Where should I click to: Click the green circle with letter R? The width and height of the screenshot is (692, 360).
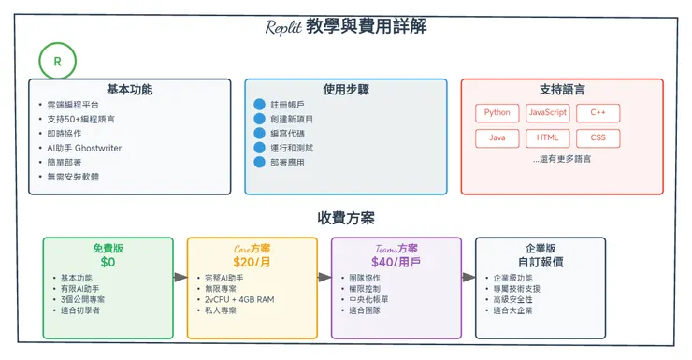click(58, 63)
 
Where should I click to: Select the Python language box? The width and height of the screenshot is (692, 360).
click(497, 113)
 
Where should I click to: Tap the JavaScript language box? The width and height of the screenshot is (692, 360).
click(547, 113)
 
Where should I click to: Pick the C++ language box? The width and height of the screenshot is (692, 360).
click(598, 113)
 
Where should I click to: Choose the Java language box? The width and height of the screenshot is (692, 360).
click(497, 138)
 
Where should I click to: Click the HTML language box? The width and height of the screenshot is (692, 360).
click(547, 138)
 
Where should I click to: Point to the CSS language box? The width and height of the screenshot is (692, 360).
click(598, 138)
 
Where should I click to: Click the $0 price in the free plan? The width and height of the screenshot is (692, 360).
click(108, 262)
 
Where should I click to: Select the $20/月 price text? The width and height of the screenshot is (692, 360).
click(252, 262)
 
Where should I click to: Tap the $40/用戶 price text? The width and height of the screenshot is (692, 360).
click(396, 262)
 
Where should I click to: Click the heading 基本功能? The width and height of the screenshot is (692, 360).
click(129, 90)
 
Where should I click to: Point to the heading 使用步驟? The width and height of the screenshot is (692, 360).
click(346, 90)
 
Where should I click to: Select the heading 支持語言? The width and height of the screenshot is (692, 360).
click(562, 90)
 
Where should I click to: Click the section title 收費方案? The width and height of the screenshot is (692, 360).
click(346, 218)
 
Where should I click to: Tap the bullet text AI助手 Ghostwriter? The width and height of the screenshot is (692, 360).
click(85, 148)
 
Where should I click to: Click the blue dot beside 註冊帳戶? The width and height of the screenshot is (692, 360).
click(260, 105)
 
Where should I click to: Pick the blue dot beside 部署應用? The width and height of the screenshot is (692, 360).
click(260, 163)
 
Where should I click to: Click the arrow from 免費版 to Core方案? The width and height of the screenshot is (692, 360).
click(180, 277)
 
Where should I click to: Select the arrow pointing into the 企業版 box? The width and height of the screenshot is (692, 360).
click(469, 277)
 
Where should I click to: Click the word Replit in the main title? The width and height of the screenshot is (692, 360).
click(282, 27)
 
